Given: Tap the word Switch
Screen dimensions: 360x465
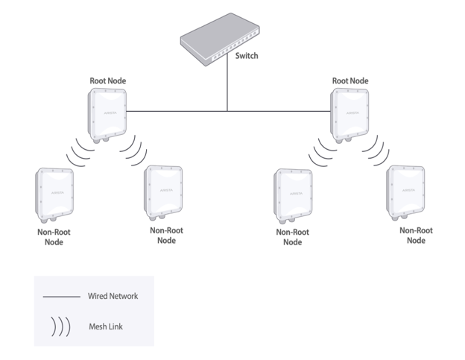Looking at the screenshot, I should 246,56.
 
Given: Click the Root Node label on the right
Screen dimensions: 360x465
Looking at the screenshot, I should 350,80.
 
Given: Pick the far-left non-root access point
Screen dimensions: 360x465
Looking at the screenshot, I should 54,195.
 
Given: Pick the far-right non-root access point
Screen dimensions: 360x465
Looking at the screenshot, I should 406,192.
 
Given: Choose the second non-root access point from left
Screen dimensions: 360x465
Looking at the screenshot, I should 163,193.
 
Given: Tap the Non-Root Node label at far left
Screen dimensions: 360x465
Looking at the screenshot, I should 54,237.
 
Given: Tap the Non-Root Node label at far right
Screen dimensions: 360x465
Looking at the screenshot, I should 416,236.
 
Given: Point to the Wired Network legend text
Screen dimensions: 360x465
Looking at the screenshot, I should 113,296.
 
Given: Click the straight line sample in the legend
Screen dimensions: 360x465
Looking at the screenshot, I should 61,297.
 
